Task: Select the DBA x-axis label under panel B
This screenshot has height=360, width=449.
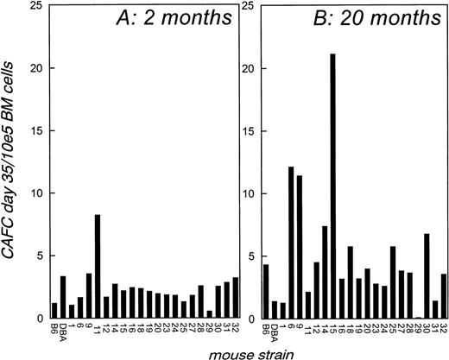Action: pos(275,332)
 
